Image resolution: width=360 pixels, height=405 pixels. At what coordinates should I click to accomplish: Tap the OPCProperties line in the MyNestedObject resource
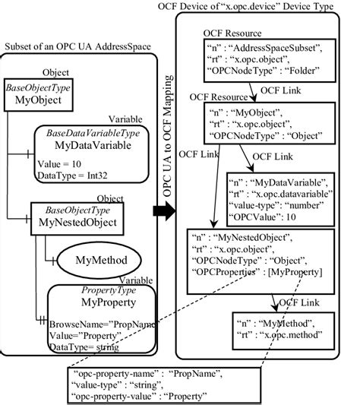point(258,271)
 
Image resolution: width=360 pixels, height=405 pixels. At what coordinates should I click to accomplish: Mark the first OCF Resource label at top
point(233,33)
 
